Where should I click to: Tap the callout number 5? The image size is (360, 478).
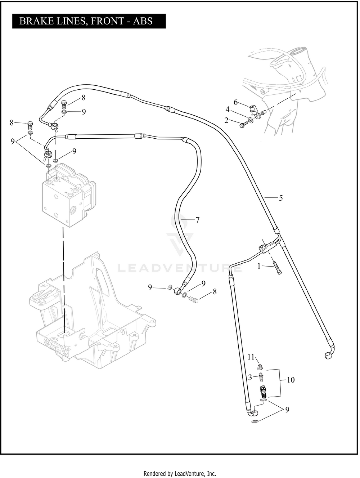click(x=281, y=198)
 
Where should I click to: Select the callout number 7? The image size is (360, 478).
click(x=198, y=220)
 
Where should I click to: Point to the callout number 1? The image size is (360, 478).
click(x=258, y=266)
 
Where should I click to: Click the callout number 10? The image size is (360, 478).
click(x=291, y=380)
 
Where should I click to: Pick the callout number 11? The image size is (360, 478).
click(x=251, y=357)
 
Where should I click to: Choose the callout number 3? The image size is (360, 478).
click(x=250, y=378)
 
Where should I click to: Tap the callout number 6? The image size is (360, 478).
click(x=236, y=102)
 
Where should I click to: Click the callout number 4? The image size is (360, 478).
click(x=228, y=109)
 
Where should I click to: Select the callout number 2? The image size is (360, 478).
click(x=226, y=120)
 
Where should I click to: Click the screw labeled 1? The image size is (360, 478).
click(x=278, y=269)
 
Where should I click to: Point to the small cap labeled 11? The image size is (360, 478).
click(x=260, y=367)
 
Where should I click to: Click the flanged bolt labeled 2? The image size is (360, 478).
click(x=243, y=124)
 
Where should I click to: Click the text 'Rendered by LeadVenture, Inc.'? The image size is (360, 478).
click(x=180, y=473)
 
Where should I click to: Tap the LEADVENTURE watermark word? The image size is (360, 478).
click(x=180, y=268)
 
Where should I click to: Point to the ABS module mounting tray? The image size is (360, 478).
click(x=94, y=317)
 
